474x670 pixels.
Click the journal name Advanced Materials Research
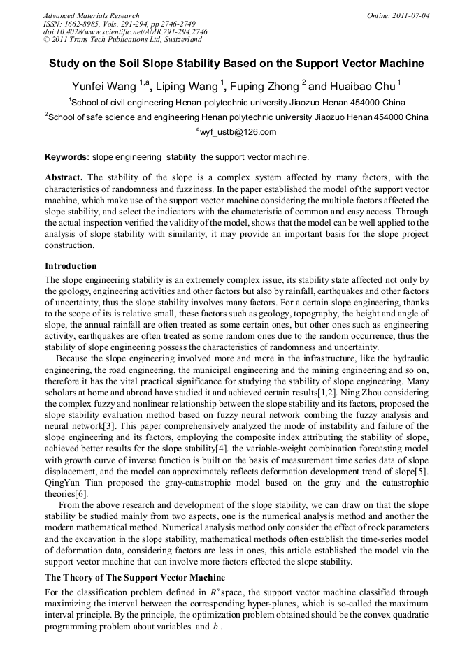(92, 15)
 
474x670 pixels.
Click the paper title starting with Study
(236, 64)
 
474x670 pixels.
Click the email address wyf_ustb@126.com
(238, 132)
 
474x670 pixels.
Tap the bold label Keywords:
(67, 157)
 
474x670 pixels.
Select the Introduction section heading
(71, 266)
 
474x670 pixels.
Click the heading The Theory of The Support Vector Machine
(135, 578)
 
